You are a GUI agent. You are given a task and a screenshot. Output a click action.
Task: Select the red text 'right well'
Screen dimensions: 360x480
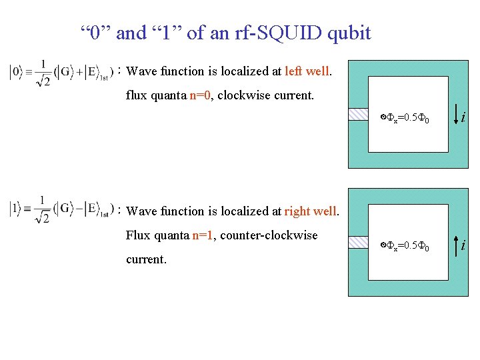pos(311,211)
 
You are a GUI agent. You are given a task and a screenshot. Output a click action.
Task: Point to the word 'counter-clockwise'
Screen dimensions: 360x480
pos(269,235)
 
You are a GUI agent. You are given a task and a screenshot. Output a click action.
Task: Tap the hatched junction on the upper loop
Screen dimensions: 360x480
pos(358,114)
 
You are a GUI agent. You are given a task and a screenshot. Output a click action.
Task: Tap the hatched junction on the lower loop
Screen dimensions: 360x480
pos(358,241)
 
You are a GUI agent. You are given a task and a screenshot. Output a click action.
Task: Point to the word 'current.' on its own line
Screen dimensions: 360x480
pos(146,259)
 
